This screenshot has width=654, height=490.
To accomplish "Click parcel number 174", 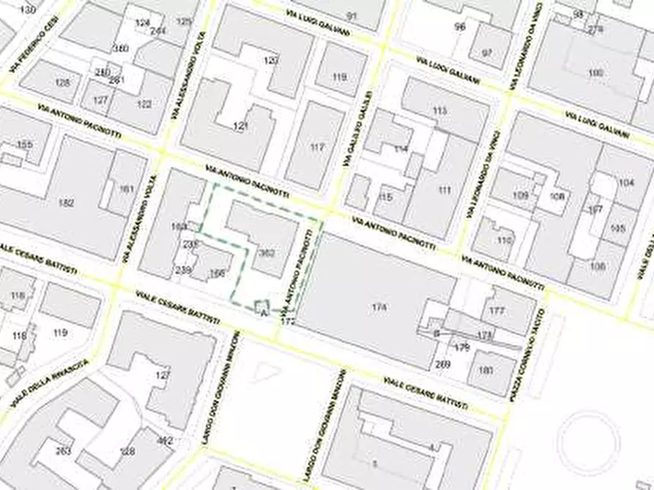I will coord(379,307).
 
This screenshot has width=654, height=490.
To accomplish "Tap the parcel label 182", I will coord(67,203).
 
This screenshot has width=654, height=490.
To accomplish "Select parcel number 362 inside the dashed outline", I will coord(267,253).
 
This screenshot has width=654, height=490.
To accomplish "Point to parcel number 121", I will coord(240,127).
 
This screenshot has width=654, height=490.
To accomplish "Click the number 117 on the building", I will coord(316,147).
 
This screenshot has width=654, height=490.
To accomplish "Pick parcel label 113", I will coord(439,110).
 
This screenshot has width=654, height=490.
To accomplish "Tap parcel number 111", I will coord(445,190).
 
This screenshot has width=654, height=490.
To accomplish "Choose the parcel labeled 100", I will coord(595,73).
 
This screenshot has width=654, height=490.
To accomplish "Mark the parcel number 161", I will coord(127,189).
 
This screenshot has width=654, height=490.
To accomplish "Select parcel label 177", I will coord(497,311).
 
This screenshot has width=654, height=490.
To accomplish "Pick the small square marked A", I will coord(262,308).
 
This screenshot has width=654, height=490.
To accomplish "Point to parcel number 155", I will coord(25,145).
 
